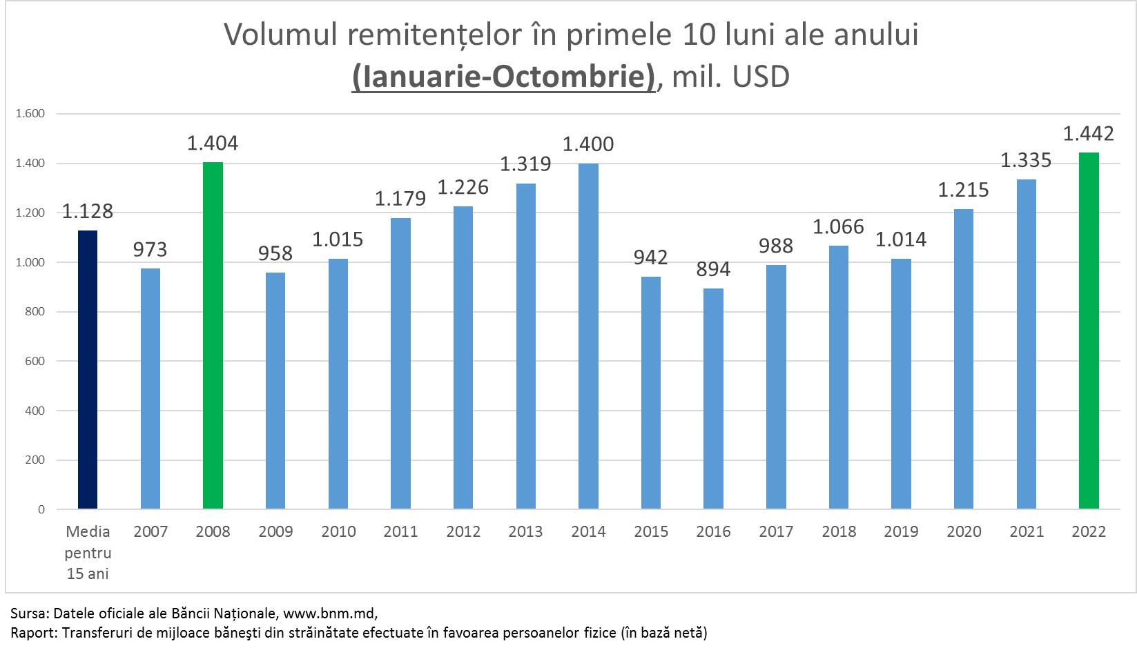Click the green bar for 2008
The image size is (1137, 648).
coord(213,335)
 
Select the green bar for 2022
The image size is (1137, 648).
coord(1089,331)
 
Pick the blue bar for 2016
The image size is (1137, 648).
coord(713,398)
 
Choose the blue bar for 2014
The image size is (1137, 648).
coord(588,336)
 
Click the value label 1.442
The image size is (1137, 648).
coord(1089,133)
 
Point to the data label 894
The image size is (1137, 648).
coord(713,268)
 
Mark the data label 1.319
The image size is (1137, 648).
coord(525,164)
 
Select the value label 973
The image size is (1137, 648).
coord(150,249)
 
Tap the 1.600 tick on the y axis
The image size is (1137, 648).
coord(30,114)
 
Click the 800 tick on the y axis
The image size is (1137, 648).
coord(35,312)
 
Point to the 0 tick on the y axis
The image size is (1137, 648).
coord(41,509)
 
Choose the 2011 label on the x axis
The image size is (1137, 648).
coord(400,531)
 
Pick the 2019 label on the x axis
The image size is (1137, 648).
coord(901,531)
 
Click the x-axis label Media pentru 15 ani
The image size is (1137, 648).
coord(88,552)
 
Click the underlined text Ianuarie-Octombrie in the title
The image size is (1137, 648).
coord(503,77)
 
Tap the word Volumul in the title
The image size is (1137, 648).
coord(280,35)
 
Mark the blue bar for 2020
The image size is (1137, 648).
coord(964,359)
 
